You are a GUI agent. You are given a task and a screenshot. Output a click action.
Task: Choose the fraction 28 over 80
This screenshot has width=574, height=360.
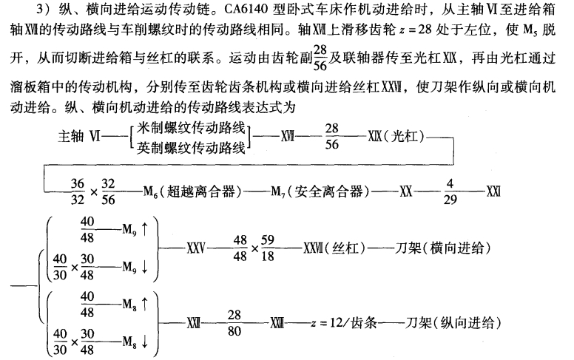(x=235, y=323)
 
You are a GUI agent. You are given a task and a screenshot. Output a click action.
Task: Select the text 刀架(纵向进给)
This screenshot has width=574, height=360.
(x=449, y=323)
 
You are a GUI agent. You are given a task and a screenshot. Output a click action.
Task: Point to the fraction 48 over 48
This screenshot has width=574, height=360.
(x=239, y=245)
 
